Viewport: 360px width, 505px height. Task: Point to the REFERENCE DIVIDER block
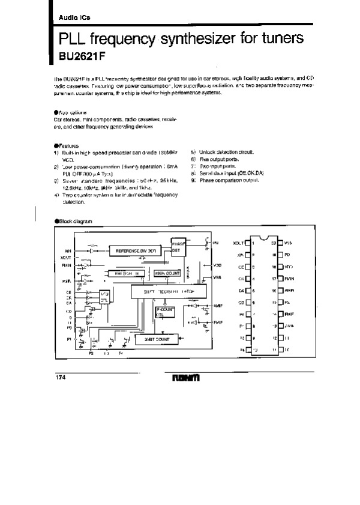point(136,249)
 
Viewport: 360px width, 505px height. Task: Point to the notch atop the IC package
point(263,234)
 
